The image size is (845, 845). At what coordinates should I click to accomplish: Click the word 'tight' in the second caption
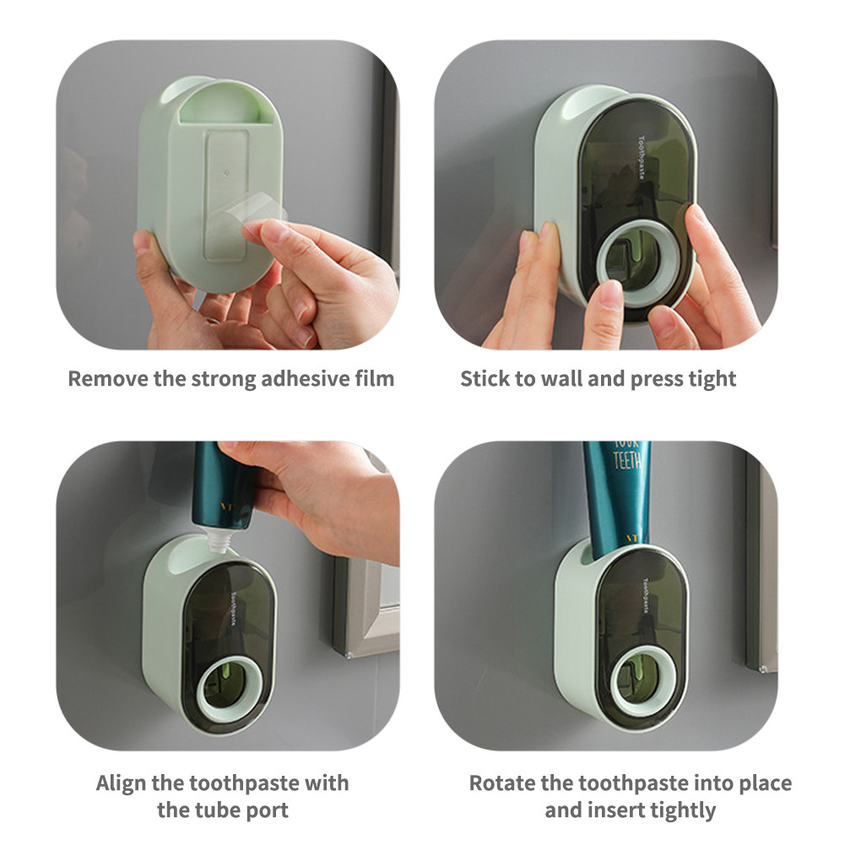713,379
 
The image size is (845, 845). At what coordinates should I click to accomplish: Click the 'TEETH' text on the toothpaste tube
627,460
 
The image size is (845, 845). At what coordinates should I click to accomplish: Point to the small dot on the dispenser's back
227,173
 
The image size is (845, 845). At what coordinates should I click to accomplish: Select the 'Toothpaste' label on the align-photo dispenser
234,609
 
